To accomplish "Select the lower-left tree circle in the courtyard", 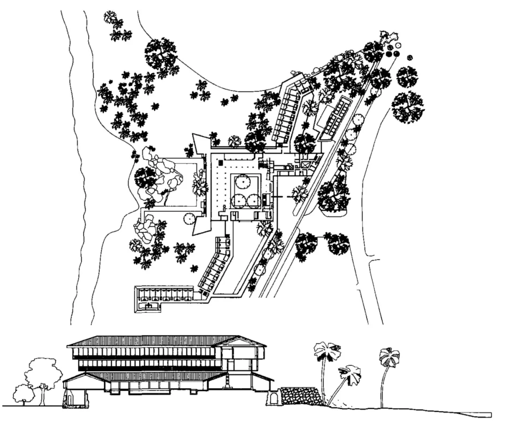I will [x=239, y=201].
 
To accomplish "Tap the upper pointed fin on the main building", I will [x=200, y=143].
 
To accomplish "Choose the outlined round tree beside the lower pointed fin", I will [x=189, y=218].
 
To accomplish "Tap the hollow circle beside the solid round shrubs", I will [x=398, y=45].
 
